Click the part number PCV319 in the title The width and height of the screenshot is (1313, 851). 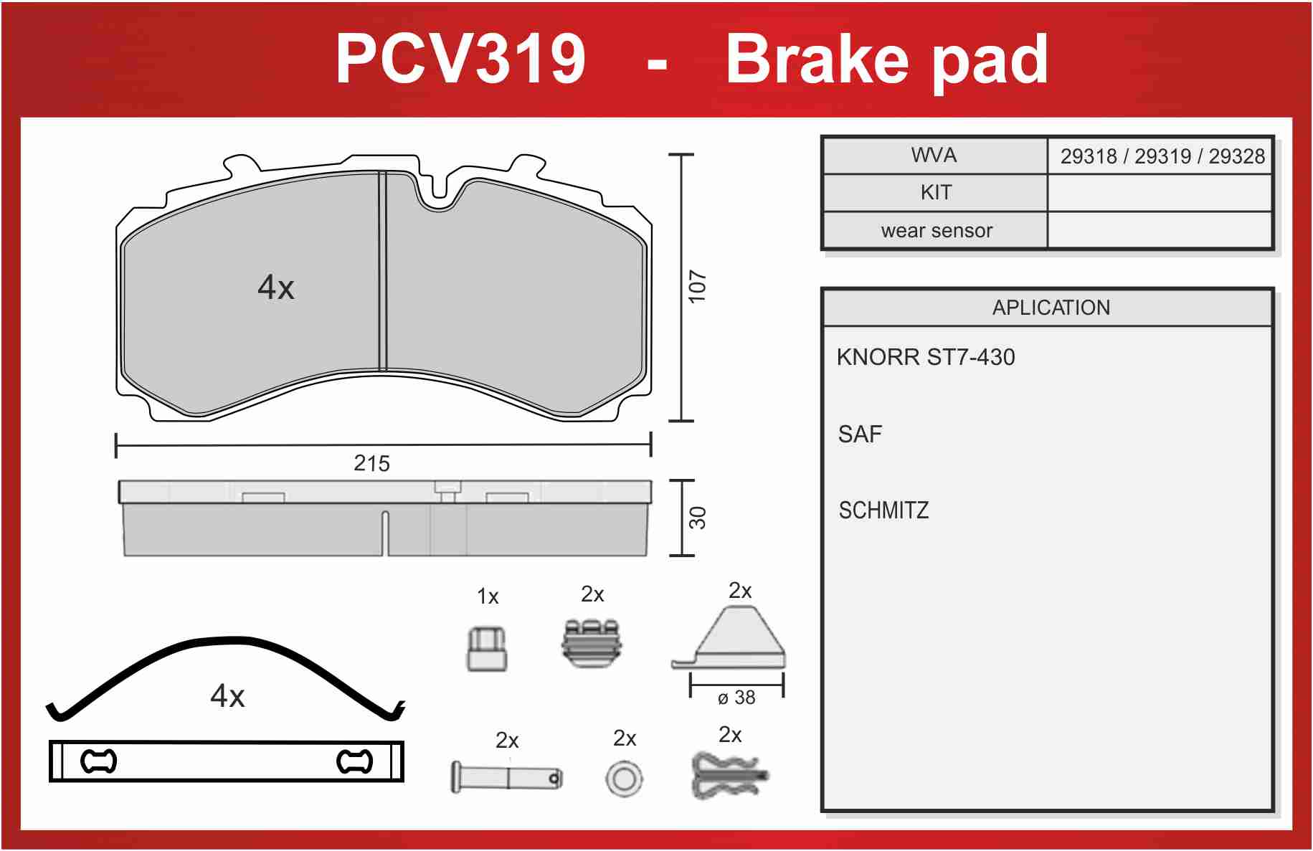coord(460,59)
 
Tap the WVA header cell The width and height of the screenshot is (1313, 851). coord(934,155)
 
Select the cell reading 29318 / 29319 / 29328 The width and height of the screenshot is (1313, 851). coord(1162,156)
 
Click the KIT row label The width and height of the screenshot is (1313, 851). coord(936,192)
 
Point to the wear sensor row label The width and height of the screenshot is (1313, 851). coord(937,231)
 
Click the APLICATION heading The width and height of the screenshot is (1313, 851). coord(1051,308)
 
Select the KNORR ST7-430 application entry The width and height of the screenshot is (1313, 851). coord(926,357)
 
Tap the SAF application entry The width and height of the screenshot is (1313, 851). coord(860,434)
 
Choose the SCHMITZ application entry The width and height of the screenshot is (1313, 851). coord(883,510)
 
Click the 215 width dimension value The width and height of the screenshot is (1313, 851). coord(371,464)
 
